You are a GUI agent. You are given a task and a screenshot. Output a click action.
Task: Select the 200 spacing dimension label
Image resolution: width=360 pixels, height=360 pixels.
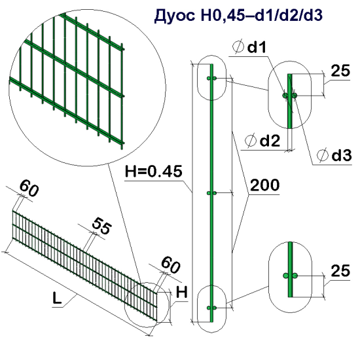(x=265, y=185)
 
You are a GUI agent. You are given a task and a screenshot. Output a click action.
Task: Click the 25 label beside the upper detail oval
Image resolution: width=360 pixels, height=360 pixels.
(x=340, y=72)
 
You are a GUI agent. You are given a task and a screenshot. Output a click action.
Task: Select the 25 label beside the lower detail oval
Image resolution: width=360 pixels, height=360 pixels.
(x=339, y=269)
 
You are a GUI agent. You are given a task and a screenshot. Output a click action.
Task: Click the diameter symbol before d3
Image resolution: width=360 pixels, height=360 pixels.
(x=323, y=155)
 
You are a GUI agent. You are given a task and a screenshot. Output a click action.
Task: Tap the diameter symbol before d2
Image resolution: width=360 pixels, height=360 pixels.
(x=249, y=140)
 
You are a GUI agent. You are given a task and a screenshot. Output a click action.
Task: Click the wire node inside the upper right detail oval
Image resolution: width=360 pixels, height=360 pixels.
(x=290, y=96)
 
